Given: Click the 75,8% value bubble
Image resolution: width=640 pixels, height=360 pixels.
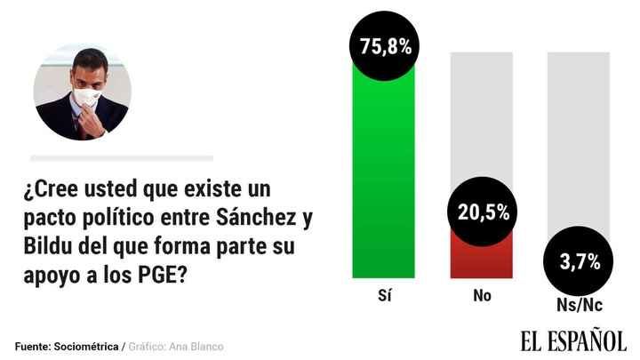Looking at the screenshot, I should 385,46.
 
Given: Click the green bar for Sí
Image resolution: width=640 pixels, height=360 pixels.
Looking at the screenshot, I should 384,178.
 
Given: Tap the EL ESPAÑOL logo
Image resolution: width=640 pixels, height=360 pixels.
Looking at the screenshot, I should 572,340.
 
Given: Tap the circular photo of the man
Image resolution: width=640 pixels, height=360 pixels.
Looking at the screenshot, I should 83,91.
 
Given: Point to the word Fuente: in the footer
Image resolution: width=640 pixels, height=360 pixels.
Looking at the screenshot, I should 32,346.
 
